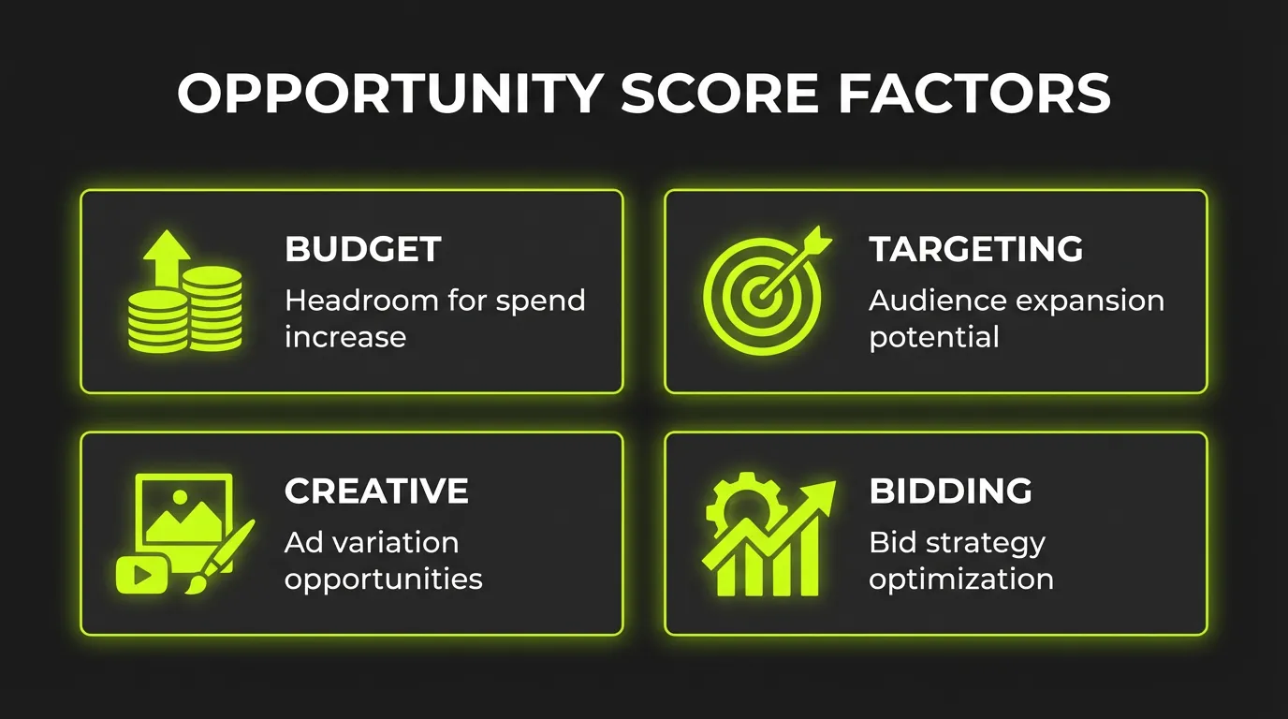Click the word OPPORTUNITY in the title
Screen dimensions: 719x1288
coord(390,94)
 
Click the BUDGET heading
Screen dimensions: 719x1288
coord(362,250)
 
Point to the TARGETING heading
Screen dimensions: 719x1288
coord(975,250)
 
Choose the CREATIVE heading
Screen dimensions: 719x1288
coord(376,492)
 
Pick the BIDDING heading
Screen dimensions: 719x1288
coord(950,492)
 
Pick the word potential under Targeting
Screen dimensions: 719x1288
coord(933,337)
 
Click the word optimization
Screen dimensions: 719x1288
coord(960,579)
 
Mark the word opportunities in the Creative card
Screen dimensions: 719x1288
coord(383,580)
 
